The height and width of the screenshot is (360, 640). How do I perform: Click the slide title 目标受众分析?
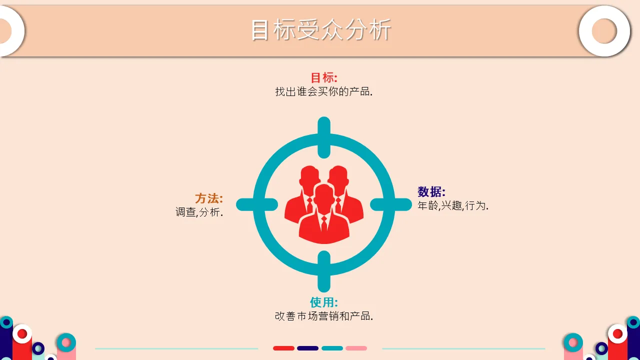click(x=321, y=29)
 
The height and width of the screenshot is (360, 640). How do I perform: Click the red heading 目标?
click(x=324, y=77)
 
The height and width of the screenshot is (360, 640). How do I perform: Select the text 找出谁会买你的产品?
click(x=323, y=91)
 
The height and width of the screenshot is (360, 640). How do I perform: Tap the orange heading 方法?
click(x=209, y=198)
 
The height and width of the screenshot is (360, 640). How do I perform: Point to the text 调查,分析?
click(x=199, y=212)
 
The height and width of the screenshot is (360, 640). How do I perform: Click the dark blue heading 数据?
click(x=431, y=191)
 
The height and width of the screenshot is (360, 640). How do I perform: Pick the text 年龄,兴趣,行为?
click(x=453, y=205)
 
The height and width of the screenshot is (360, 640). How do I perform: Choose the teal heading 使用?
click(x=324, y=302)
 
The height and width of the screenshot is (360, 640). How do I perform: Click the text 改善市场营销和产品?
click(x=323, y=316)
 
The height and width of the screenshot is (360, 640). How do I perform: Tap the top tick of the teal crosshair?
click(x=324, y=137)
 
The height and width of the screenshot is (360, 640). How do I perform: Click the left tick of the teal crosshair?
click(x=257, y=204)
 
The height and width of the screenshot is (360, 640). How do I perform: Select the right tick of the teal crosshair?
click(x=391, y=204)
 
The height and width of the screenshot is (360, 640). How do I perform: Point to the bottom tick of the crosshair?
click(x=324, y=271)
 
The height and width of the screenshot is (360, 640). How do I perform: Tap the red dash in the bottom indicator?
click(x=283, y=348)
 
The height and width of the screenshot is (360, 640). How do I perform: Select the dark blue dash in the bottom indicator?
click(x=307, y=348)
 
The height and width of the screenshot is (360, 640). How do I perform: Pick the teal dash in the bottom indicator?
click(x=332, y=348)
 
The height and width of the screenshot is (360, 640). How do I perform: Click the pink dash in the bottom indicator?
click(x=356, y=348)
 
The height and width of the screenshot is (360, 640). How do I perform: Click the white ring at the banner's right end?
click(x=604, y=31)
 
